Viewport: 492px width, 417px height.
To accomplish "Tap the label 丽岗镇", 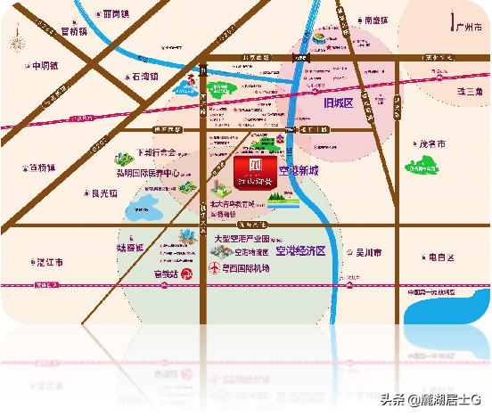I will [x=115, y=14].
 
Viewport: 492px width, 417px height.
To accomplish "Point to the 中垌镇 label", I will [x=44, y=66].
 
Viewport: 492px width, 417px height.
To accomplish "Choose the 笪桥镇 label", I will [x=42, y=167].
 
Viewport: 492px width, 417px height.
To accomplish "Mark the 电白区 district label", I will [x=441, y=258].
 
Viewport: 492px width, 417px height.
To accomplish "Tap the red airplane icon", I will [x=214, y=267].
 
